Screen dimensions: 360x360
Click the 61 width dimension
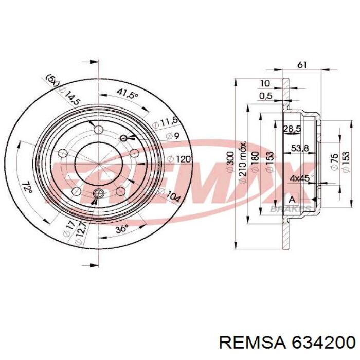[302, 65]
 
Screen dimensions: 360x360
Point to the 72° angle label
[27, 187]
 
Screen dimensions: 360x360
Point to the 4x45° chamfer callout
[298, 178]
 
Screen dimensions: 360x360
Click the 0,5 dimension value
[266, 96]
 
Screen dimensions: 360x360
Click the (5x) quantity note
[52, 81]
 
